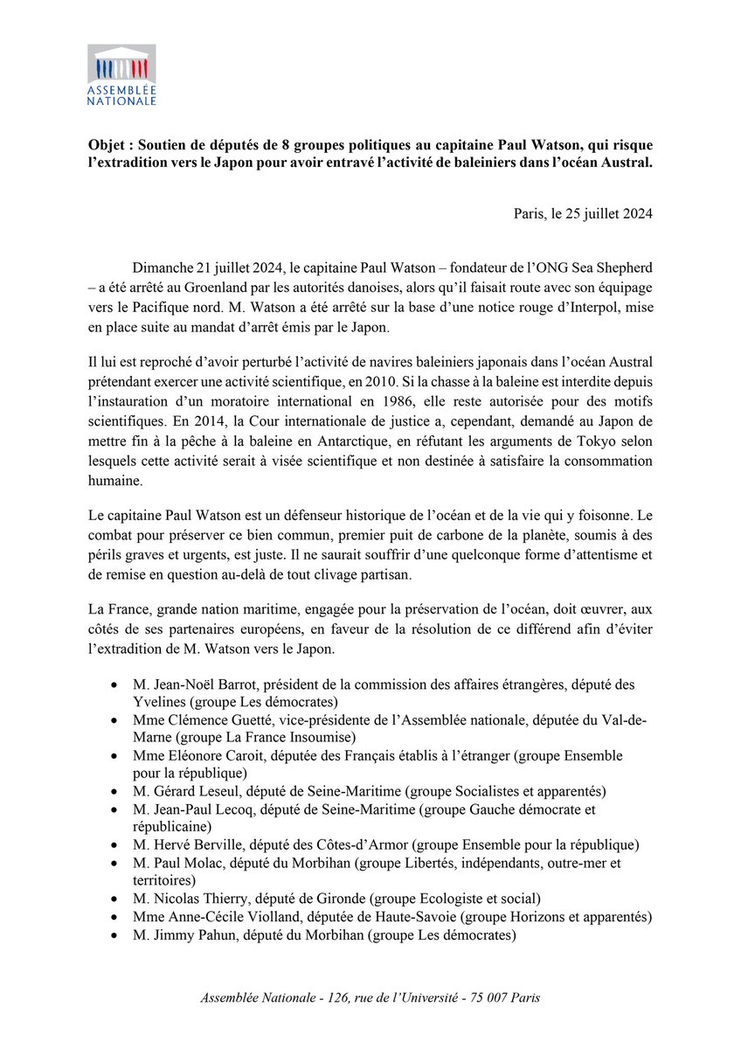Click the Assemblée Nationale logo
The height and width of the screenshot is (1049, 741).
coord(121,75)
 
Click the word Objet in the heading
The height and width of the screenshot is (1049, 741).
coord(108,143)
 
